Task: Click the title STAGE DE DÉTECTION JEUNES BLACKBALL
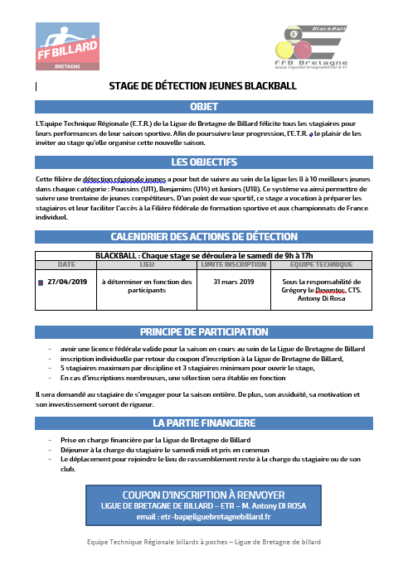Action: [203, 86]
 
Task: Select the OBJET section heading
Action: [203, 107]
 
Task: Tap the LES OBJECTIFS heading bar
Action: [203, 162]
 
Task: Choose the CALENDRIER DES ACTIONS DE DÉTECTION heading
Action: [203, 236]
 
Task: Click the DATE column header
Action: [66, 265]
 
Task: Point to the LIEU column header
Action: [147, 265]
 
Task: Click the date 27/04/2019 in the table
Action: [67, 282]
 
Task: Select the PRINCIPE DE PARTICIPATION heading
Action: [203, 331]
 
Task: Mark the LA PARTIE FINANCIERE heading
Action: [203, 423]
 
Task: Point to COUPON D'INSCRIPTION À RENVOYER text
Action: [204, 495]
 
